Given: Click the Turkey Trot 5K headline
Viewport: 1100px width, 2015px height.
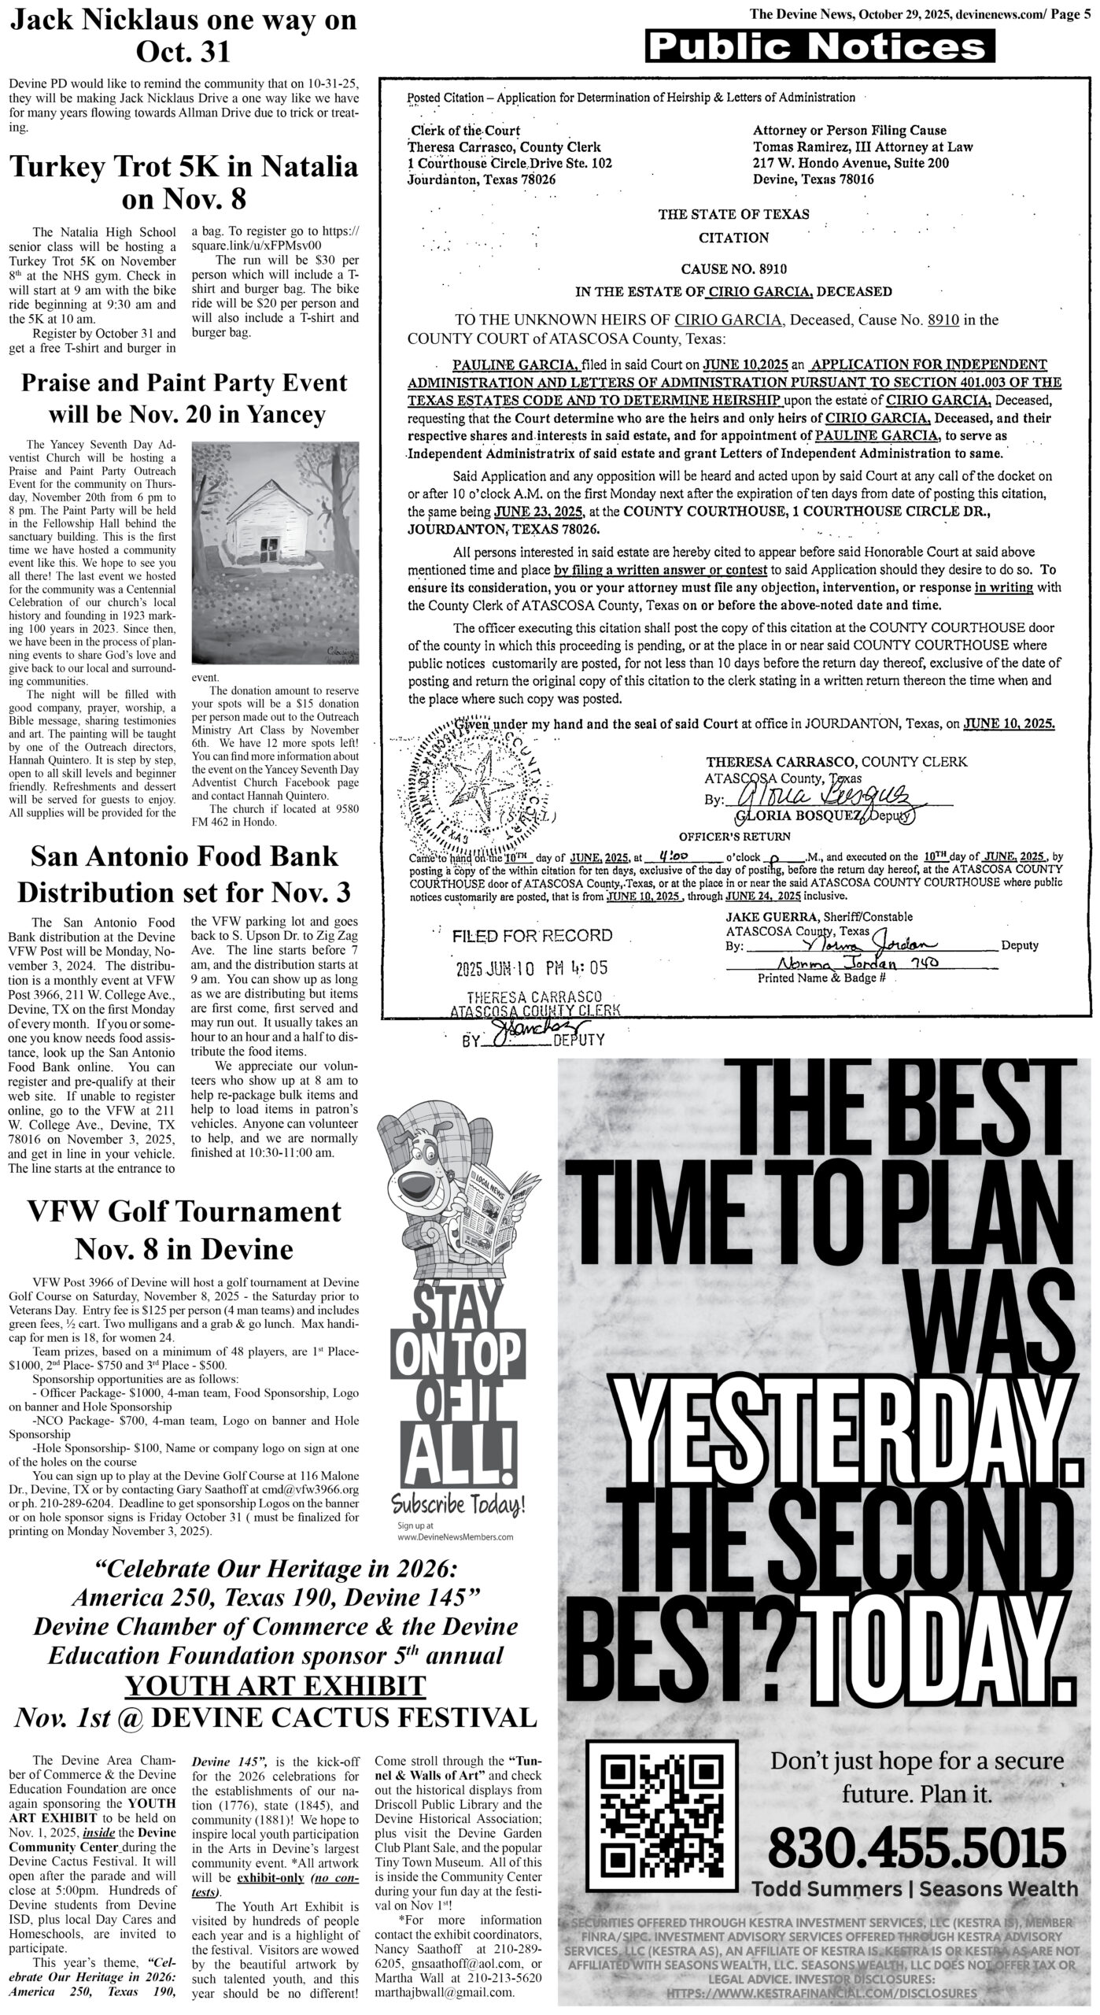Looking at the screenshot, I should pyautogui.click(x=183, y=182).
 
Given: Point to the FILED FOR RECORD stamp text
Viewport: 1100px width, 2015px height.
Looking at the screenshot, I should pyautogui.click(x=532, y=936).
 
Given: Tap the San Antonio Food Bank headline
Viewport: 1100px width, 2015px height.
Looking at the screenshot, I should pyautogui.click(x=184, y=874).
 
